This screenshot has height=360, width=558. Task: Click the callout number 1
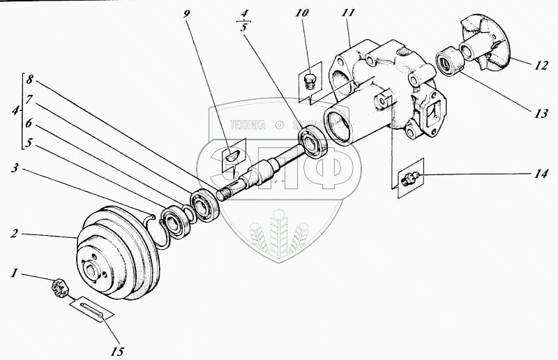[13, 273]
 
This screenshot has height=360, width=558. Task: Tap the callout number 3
[15, 168]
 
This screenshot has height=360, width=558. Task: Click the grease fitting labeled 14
[411, 179]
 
